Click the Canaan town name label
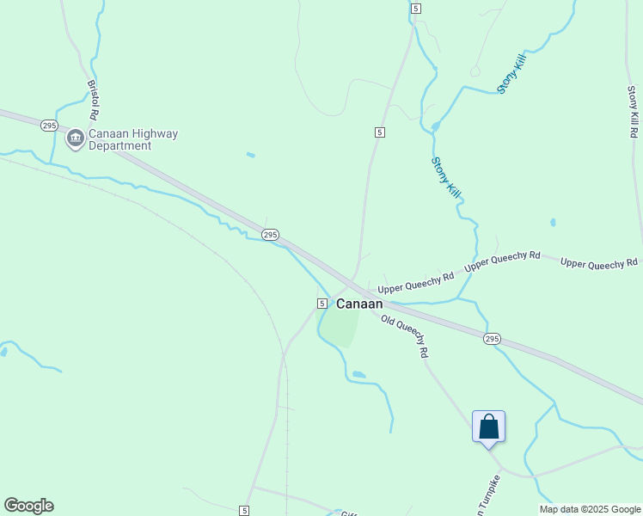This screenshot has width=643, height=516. click(x=359, y=304)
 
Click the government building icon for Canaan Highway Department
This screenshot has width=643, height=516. click(x=76, y=138)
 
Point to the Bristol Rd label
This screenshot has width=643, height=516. click(x=93, y=101)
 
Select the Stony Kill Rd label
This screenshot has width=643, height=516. click(x=634, y=112)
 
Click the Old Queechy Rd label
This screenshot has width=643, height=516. click(x=406, y=335)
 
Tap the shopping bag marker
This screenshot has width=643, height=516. click(x=488, y=427)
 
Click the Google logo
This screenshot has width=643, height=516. click(x=28, y=506)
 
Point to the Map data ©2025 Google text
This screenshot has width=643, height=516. click(x=590, y=509)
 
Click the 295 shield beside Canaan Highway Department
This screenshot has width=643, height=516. click(x=49, y=125)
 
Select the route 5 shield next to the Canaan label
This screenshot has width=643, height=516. click(x=321, y=304)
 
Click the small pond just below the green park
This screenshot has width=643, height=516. click(x=358, y=375)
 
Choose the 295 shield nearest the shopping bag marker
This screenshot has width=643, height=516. click(x=491, y=339)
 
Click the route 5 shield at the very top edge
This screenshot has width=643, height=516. click(x=415, y=8)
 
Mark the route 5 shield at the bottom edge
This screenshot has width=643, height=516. click(x=245, y=511)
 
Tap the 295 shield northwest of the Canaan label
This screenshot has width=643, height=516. click(x=270, y=234)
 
